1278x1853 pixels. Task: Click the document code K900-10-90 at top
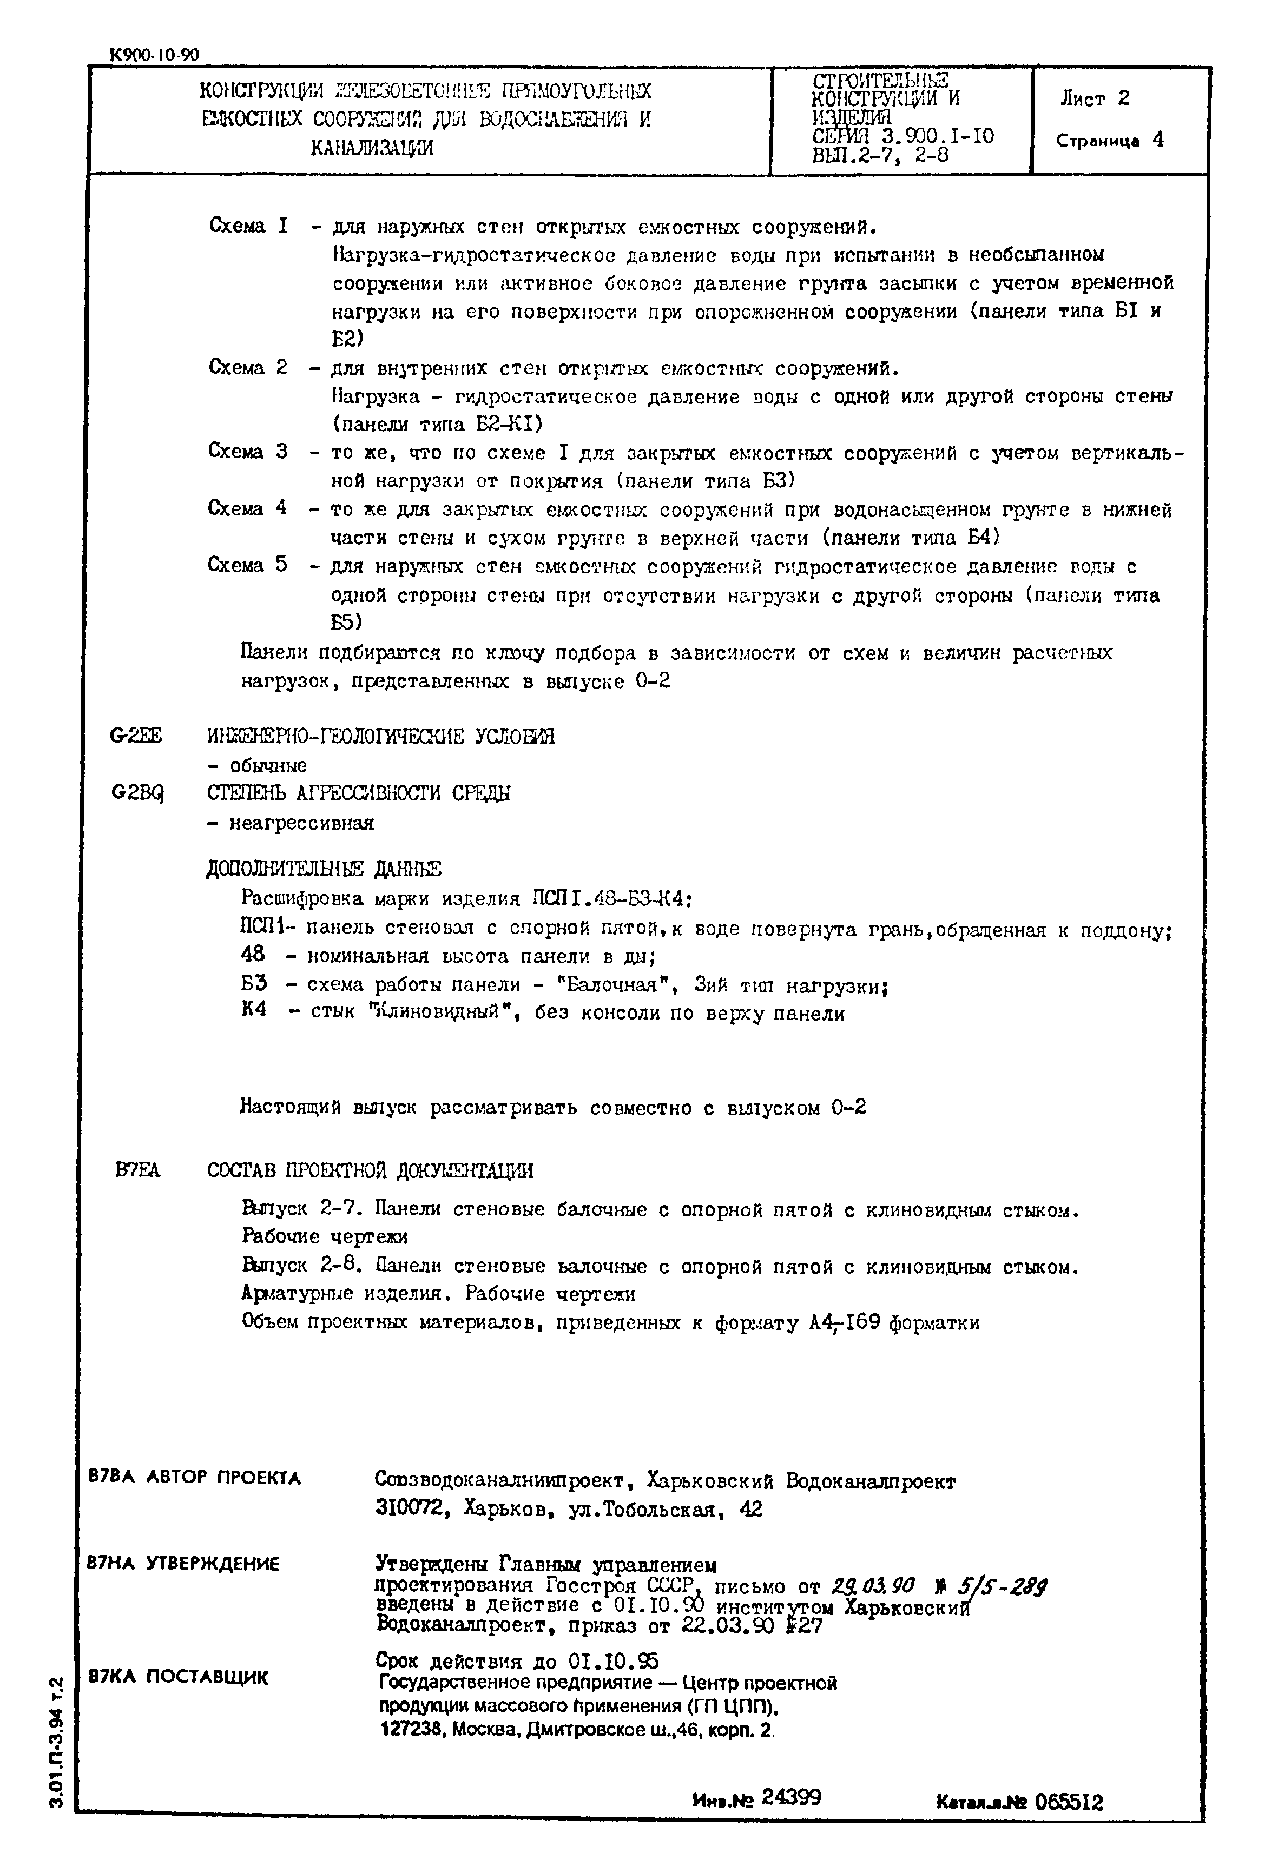(x=154, y=55)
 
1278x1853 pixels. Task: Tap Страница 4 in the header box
(x=1109, y=140)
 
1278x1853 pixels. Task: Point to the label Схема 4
(x=247, y=508)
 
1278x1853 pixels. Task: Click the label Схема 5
(x=247, y=565)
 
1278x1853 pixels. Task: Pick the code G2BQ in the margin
(x=137, y=792)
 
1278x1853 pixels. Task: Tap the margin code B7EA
(x=138, y=1171)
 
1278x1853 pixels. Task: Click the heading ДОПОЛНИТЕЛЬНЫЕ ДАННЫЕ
(x=324, y=869)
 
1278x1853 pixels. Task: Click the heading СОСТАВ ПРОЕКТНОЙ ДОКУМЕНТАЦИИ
(x=370, y=1171)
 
